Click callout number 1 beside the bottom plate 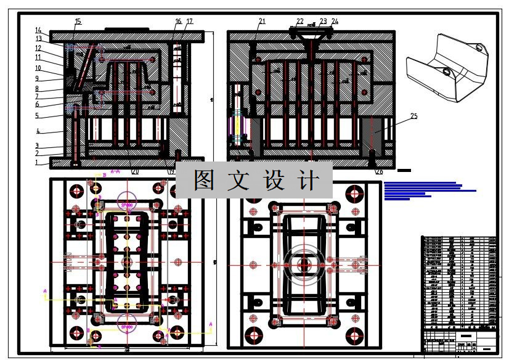[x=37, y=163]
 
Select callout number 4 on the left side [x=38, y=131]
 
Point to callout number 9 [x=38, y=78]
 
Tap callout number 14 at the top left [x=38, y=30]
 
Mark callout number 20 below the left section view [x=136, y=171]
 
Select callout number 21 [x=262, y=22]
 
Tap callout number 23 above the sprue [x=323, y=22]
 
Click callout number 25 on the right [x=413, y=116]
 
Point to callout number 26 [x=379, y=171]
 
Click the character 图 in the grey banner [x=205, y=181]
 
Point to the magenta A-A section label [x=115, y=171]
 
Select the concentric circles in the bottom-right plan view [x=304, y=265]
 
